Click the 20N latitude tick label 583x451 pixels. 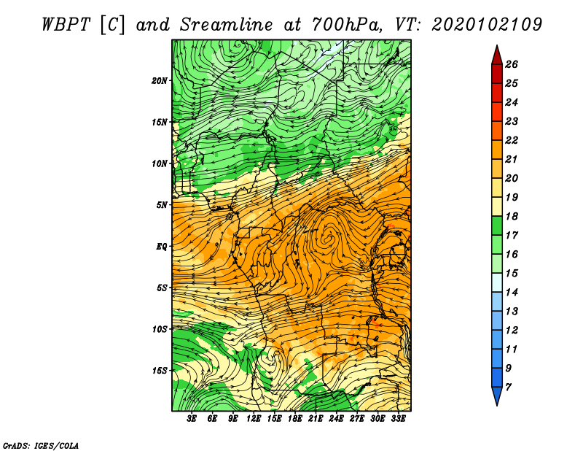(x=159, y=81)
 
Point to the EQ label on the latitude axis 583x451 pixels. (x=162, y=247)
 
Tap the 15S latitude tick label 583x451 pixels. (x=160, y=371)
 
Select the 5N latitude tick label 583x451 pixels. (x=162, y=205)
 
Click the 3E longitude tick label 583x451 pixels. (x=192, y=419)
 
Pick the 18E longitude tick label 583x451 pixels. (x=295, y=419)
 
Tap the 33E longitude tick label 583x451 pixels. (x=398, y=419)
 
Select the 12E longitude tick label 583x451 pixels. (x=254, y=419)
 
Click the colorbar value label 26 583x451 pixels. (x=512, y=64)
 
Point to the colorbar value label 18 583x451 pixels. (x=512, y=216)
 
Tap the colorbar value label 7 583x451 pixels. (x=508, y=388)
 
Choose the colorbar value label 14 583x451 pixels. (x=512, y=293)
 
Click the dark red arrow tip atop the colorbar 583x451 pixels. (x=497, y=45)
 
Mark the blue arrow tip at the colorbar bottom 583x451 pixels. (x=497, y=405)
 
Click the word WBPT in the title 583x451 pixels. (x=66, y=25)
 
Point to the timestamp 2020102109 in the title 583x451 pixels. (x=487, y=25)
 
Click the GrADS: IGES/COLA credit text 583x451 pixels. (x=41, y=446)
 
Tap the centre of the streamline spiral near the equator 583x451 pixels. (x=328, y=239)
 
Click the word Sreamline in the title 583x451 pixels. (x=227, y=25)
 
